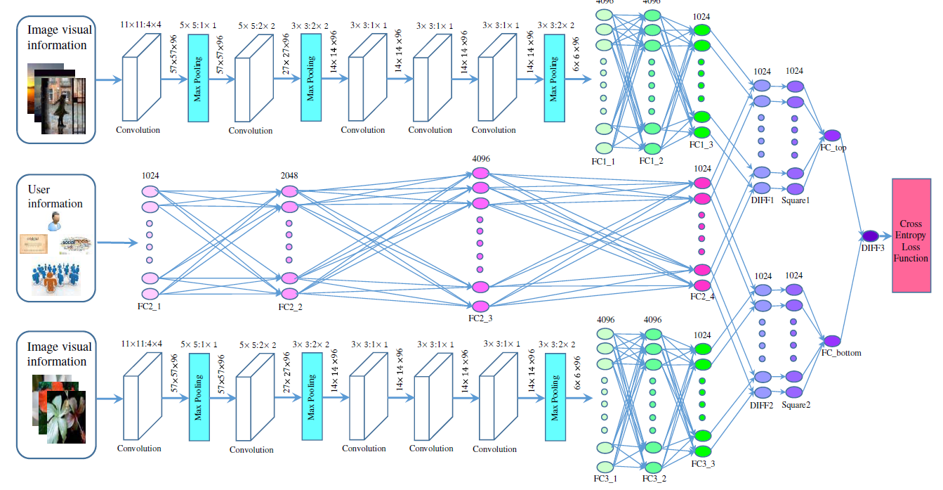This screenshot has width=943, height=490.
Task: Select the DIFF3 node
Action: click(870, 236)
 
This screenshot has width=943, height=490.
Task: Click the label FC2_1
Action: click(150, 307)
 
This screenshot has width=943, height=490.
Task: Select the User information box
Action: click(56, 238)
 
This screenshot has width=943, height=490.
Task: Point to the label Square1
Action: click(796, 200)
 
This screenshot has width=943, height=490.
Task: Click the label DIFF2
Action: click(762, 405)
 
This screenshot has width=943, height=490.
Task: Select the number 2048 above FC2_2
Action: click(289, 174)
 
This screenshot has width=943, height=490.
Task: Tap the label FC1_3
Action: click(701, 144)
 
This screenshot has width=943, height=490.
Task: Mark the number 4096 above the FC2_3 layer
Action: click(480, 159)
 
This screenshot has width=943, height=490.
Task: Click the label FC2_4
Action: click(701, 297)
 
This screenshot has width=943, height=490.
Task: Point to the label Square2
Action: click(796, 405)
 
